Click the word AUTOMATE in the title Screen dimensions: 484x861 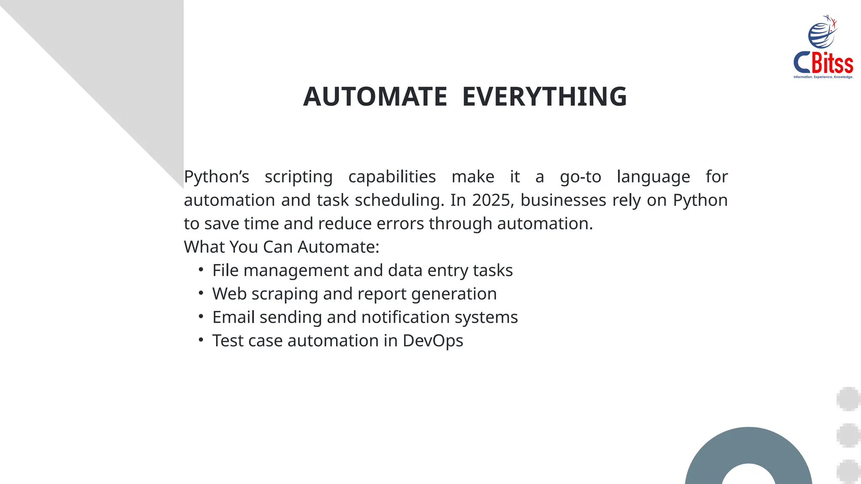pos(375,97)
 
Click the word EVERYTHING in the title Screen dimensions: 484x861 pos(544,97)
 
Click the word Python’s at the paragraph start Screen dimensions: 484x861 pos(217,177)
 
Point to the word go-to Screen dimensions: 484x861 pos(580,177)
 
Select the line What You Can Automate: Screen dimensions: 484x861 pos(281,247)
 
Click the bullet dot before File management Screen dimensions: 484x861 pos(201,269)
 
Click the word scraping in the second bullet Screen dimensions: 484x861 pos(285,294)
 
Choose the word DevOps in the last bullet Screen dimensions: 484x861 pos(433,341)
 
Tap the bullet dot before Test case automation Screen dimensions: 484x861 pos(201,339)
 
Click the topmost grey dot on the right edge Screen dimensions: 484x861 pos(848,399)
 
